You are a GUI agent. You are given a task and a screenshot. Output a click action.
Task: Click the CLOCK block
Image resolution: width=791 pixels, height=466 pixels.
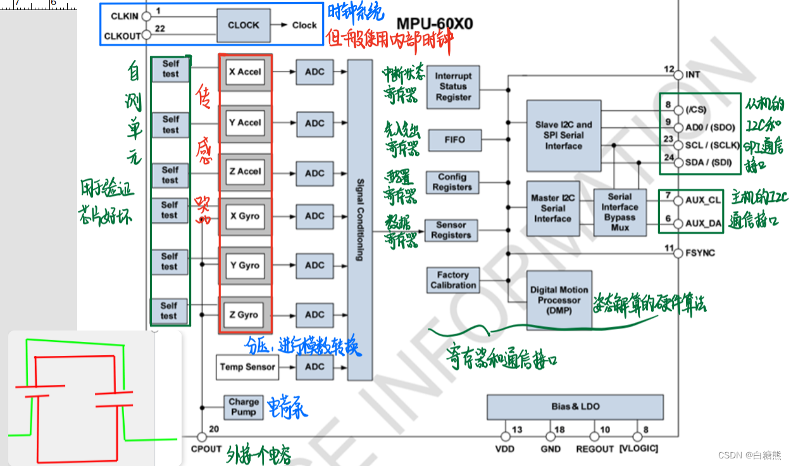pyautogui.click(x=244, y=25)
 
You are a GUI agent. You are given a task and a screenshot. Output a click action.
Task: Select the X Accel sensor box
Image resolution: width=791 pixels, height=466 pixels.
pyautogui.click(x=245, y=72)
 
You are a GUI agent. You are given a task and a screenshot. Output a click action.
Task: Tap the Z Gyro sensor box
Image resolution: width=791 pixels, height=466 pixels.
pyautogui.click(x=244, y=315)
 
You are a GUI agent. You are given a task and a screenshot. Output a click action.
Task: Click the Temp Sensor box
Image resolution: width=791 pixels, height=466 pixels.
pyautogui.click(x=247, y=367)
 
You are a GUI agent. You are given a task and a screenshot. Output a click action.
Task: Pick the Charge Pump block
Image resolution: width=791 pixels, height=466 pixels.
pyautogui.click(x=244, y=406)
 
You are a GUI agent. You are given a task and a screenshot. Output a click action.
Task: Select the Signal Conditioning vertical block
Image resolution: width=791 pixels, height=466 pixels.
pyautogui.click(x=359, y=220)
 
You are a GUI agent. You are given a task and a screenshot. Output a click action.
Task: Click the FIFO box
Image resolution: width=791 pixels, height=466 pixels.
pyautogui.click(x=454, y=140)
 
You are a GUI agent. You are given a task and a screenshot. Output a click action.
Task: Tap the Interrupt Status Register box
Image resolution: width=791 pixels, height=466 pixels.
pyautogui.click(x=453, y=87)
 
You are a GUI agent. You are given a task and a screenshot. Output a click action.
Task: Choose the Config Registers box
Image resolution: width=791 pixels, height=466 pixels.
pyautogui.click(x=452, y=182)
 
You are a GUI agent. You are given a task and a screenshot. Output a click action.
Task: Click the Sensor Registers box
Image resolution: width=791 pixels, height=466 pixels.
pyautogui.click(x=451, y=230)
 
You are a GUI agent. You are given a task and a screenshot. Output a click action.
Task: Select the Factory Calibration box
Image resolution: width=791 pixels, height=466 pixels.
pyautogui.click(x=453, y=280)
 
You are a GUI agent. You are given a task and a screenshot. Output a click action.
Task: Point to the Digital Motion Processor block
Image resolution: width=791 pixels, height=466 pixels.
pyautogui.click(x=559, y=300)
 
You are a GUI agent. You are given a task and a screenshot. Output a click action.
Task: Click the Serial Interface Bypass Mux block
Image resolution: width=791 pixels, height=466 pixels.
pyautogui.click(x=620, y=212)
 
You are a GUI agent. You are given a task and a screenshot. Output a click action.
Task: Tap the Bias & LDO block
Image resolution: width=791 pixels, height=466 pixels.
pyautogui.click(x=575, y=406)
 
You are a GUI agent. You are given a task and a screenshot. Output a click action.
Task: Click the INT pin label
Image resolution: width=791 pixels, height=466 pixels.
pyautogui.click(x=692, y=75)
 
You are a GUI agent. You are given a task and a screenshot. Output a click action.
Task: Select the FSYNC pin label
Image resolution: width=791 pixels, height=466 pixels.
pyautogui.click(x=700, y=253)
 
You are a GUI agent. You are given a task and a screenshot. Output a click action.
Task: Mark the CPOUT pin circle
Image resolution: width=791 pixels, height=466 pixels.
pyautogui.click(x=202, y=437)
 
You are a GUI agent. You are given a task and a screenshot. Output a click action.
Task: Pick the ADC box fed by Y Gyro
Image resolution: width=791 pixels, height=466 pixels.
pyautogui.click(x=315, y=265)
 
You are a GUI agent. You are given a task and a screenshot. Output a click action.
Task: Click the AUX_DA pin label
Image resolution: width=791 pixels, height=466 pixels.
pyautogui.click(x=703, y=224)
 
